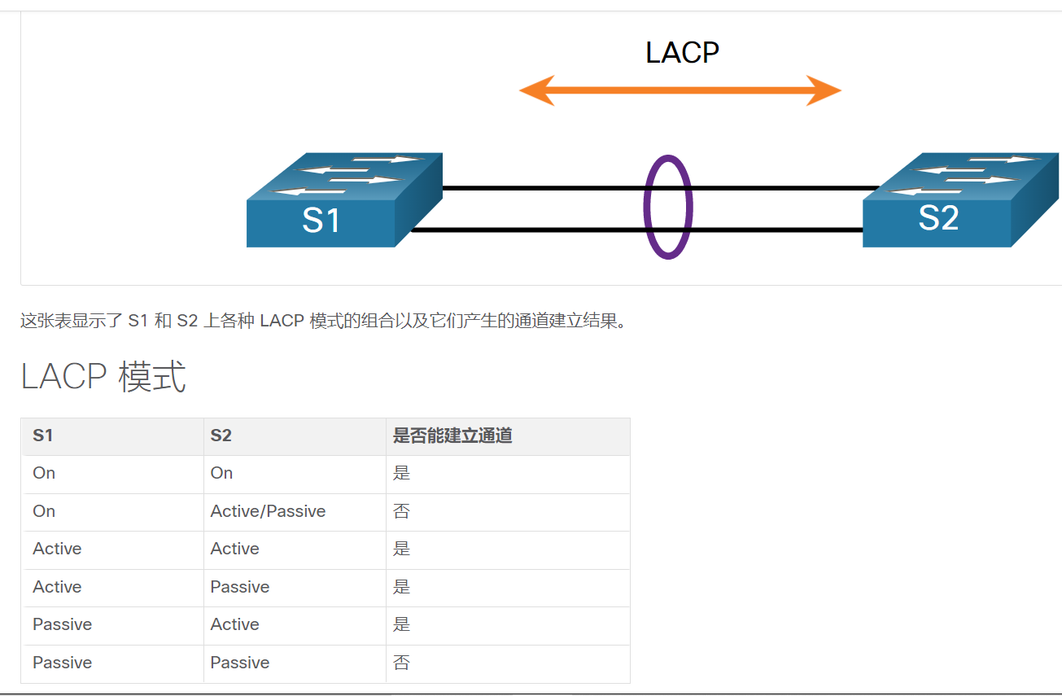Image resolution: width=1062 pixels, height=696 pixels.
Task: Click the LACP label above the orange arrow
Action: pos(682,53)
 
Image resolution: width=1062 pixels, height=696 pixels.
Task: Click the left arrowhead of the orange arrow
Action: pos(536,90)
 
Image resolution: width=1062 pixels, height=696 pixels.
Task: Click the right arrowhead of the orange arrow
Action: pos(824,90)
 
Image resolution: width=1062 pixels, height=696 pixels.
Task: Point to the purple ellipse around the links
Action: pos(668,208)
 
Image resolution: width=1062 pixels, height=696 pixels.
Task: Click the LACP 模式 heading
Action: pos(103,377)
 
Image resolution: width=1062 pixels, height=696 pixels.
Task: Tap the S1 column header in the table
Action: pos(43,436)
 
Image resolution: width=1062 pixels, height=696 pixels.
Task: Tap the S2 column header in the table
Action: pos(221,436)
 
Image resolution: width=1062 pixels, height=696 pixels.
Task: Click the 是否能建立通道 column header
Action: pos(452,436)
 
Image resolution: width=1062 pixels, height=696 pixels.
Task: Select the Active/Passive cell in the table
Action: pos(268,511)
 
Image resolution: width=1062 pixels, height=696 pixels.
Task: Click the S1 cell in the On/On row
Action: pos(44,473)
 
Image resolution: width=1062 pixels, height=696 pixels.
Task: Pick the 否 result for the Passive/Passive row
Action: pos(401,663)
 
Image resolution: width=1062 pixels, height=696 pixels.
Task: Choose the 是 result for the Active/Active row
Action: pos(401,549)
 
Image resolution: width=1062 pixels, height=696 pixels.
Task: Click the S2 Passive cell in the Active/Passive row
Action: pos(239,587)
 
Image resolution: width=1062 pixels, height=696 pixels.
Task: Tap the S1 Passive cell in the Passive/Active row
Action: pos(62,624)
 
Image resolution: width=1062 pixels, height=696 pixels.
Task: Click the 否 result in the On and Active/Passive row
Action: pos(401,511)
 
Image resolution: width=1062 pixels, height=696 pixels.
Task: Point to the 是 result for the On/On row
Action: pos(401,473)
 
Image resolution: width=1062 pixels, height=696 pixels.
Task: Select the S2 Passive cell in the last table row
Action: pos(239,663)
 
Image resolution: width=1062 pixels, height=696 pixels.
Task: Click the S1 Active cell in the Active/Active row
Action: pos(57,549)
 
